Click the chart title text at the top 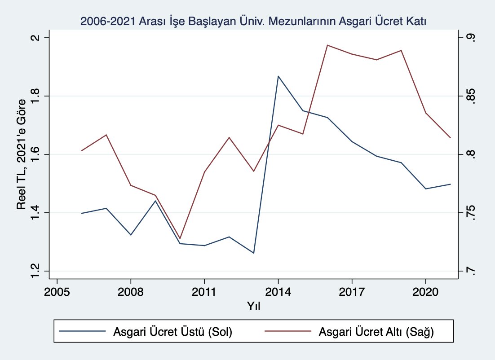coord(253,21)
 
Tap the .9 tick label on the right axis coord(470,38)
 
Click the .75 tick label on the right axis coord(470,212)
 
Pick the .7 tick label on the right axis coord(470,271)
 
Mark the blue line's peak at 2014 coord(278,76)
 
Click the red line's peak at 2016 coord(327,45)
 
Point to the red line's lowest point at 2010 coord(180,238)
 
